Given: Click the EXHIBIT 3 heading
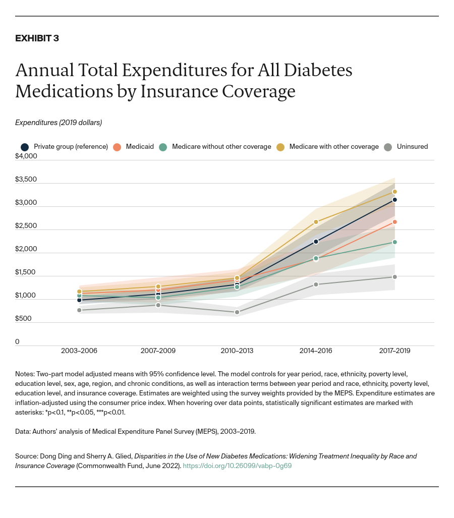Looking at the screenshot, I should click(37, 38).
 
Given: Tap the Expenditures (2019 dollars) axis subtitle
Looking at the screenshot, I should click(59, 123).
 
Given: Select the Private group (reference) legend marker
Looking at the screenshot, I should click(24, 147).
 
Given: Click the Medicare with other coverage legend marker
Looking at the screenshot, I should click(280, 147).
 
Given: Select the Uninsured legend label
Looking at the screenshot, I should click(412, 147).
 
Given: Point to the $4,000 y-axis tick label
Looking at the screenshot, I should click(26, 156).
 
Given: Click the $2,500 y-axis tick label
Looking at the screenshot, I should click(26, 225).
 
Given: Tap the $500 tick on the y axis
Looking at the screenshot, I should click(24, 318).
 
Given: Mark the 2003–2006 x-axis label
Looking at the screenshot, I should click(79, 351).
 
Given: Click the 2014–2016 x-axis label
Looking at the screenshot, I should click(316, 351).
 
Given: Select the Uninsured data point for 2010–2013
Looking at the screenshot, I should click(237, 312).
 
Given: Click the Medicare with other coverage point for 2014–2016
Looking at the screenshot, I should click(316, 222).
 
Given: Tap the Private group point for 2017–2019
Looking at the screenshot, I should click(394, 200).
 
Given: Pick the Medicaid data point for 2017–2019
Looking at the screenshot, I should click(394, 222).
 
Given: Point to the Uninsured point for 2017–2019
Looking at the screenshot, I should click(394, 277).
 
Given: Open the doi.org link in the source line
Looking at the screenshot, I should click(237, 466).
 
